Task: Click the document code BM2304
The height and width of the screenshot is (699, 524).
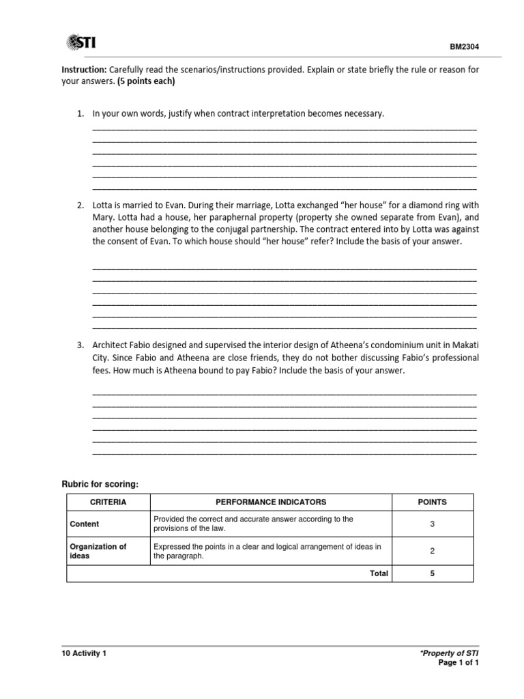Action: (x=461, y=48)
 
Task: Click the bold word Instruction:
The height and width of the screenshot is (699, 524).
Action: (x=83, y=70)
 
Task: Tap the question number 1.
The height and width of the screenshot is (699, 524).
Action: (x=79, y=113)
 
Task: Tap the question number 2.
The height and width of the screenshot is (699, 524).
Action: (x=79, y=205)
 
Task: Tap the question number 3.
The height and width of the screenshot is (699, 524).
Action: (x=79, y=346)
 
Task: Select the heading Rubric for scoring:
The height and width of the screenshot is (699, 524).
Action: (x=100, y=484)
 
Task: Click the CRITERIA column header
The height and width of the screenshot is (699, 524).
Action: (x=108, y=502)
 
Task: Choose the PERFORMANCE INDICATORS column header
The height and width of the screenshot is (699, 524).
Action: (x=271, y=502)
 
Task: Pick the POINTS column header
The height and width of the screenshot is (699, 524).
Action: (x=432, y=502)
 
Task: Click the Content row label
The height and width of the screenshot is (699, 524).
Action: (x=85, y=524)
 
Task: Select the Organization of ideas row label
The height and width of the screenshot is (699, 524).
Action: (x=99, y=551)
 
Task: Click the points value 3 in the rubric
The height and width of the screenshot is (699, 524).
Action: (x=432, y=524)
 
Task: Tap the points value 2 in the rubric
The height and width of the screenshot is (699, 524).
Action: (x=432, y=551)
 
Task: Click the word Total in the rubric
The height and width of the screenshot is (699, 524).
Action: (x=379, y=573)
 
